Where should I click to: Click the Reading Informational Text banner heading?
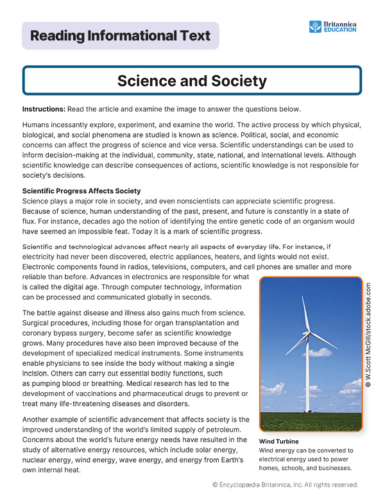[121, 36]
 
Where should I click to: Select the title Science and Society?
[192, 81]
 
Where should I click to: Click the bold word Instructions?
[42, 108]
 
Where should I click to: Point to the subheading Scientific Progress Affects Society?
[81, 191]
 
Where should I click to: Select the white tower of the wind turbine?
[308, 379]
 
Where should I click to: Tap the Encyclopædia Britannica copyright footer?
[285, 485]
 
